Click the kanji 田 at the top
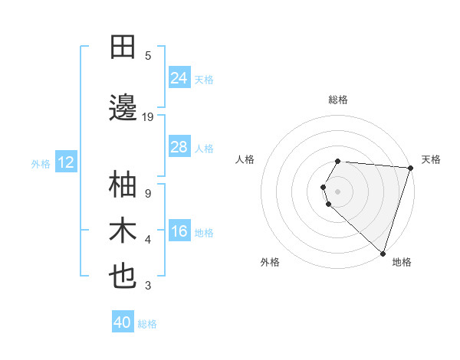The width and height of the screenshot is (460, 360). click(123, 47)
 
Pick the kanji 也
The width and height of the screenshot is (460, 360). click(123, 277)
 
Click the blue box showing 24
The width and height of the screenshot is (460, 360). click(179, 77)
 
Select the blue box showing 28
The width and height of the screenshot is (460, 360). click(179, 147)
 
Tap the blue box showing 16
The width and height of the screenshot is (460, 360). click(179, 231)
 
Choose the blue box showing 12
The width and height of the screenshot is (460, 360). click(66, 162)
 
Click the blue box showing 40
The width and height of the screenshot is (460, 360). click(123, 322)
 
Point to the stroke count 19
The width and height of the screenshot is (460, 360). click(148, 117)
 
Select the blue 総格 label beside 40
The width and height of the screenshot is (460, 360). click(148, 324)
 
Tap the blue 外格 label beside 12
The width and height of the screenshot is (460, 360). click(41, 163)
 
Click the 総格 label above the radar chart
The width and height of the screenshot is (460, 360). click(338, 100)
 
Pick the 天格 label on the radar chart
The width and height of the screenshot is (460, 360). click(431, 159)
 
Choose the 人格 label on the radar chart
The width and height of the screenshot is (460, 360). click(245, 159)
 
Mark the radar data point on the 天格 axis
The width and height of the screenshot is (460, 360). click(410, 168)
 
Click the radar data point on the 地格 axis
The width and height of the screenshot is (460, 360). click(383, 253)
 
